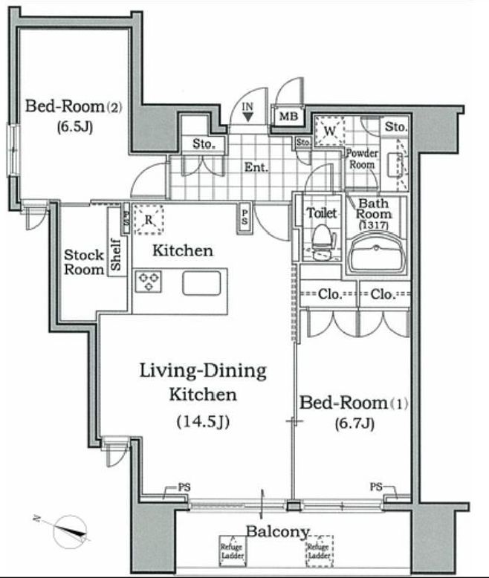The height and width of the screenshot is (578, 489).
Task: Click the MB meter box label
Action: [x=288, y=117]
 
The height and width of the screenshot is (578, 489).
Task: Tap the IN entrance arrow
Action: [x=248, y=117]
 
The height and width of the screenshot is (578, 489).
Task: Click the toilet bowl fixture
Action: [x=323, y=241]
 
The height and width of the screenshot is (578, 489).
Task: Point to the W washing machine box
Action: [x=329, y=131]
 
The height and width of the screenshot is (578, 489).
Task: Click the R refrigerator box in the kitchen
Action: [x=149, y=220]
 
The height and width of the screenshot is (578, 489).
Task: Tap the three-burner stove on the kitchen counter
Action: [x=148, y=282]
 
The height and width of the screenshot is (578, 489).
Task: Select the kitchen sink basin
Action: [x=201, y=283]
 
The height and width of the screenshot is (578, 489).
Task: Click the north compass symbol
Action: [x=70, y=530]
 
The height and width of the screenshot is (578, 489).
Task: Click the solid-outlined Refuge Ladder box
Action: [x=232, y=551]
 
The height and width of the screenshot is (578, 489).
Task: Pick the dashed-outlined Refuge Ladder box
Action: [x=320, y=551]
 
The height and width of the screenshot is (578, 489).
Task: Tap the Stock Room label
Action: [x=84, y=262]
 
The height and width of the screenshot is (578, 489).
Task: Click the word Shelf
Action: [x=116, y=255]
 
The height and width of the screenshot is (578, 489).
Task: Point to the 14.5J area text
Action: [x=203, y=421]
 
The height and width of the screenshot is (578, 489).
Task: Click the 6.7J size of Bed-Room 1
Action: [x=354, y=423]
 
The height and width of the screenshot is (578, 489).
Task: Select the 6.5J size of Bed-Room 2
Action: [x=74, y=127]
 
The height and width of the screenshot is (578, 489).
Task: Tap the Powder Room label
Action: [x=362, y=159]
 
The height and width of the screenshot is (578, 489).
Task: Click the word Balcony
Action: [x=277, y=531]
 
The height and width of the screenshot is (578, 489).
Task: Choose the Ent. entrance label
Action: [x=256, y=167]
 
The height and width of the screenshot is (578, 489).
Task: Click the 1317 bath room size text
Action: [x=374, y=225]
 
